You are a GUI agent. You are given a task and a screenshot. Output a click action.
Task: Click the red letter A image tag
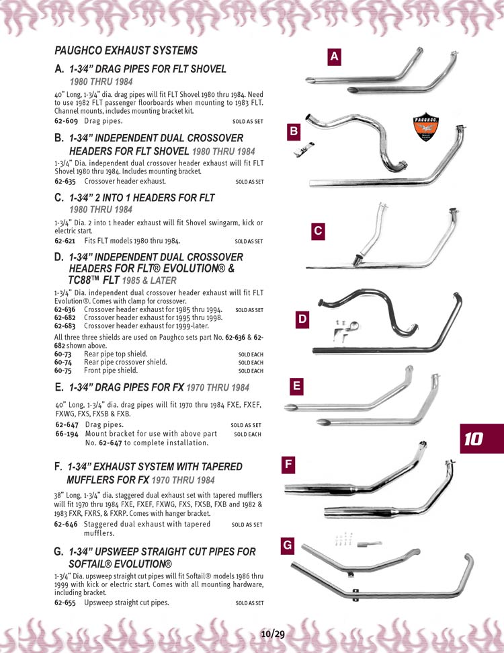[334, 58]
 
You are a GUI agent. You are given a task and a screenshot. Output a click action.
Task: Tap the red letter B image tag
[294, 132]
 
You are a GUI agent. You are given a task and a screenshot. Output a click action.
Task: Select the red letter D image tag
[303, 320]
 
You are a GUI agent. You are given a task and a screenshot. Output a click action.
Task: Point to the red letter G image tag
[288, 545]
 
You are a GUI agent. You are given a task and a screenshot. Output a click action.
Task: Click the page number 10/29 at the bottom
[273, 633]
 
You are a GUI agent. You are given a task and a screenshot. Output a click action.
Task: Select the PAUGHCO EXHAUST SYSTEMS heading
[126, 50]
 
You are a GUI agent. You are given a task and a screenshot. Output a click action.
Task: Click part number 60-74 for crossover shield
[62, 362]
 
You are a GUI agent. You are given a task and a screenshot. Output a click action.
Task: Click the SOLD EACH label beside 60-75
[251, 371]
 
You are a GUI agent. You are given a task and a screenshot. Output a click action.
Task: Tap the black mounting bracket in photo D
[343, 331]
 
